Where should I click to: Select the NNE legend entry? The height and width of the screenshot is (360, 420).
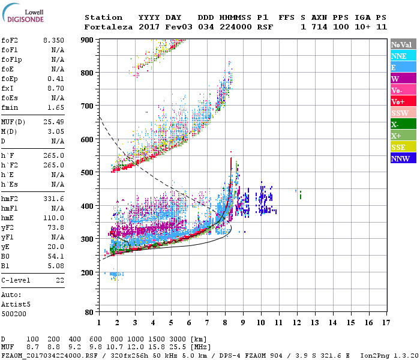tap(399, 56)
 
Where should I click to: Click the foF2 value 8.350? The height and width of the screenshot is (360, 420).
tap(53, 40)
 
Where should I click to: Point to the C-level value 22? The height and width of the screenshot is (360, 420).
tap(60, 280)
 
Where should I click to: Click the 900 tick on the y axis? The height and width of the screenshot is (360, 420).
tap(88, 40)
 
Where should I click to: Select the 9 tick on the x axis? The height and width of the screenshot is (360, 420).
tap(243, 322)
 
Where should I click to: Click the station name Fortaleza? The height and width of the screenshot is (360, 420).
tap(106, 27)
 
